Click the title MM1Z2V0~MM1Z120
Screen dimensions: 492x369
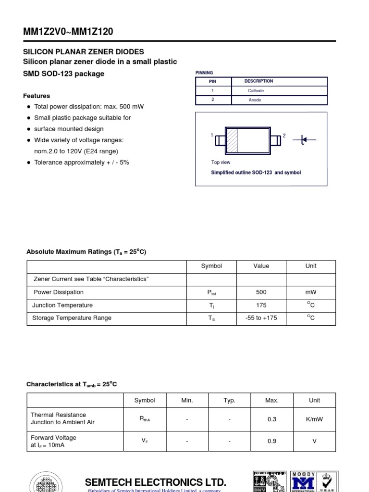pos(69,32)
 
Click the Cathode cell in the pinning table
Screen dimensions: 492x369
pos(256,91)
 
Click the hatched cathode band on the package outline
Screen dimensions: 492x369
pos(232,140)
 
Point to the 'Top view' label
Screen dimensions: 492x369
pos(221,162)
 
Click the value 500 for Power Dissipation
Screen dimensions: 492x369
pos(261,292)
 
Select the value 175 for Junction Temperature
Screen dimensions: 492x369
pos(261,305)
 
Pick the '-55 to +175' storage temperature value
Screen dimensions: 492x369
pos(261,318)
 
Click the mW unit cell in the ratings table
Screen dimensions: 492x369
pos(311,292)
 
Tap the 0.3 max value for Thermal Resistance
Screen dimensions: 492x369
pos(272,419)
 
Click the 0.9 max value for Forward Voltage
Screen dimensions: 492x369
pos(272,442)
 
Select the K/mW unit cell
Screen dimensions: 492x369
pos(314,419)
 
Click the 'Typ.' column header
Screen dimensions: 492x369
pos(230,400)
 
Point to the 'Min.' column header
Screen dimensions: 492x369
pos(187,400)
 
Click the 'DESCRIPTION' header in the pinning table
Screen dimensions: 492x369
pos(258,81)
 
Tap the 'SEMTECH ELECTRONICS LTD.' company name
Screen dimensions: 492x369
pos(155,482)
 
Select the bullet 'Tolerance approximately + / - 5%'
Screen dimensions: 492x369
pos(81,162)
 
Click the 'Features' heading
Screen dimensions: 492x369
pos(37,96)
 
